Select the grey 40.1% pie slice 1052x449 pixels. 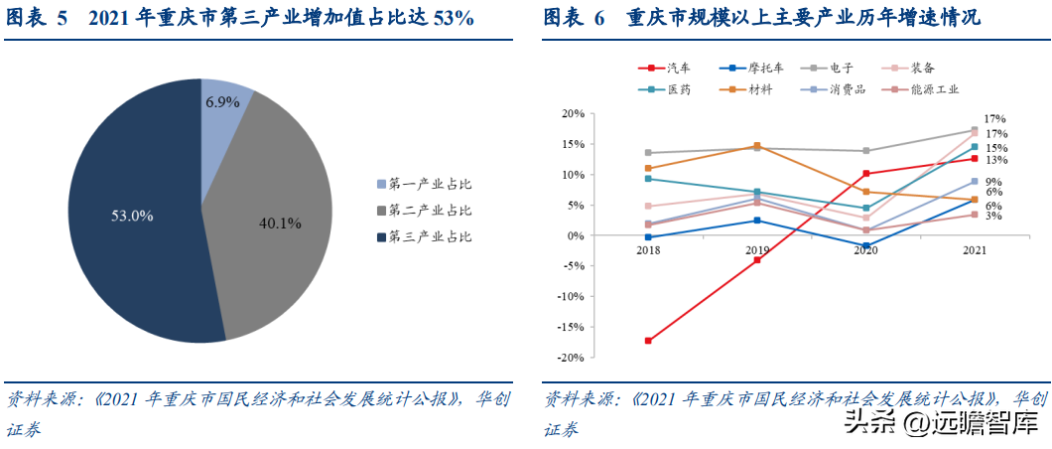click(275, 215)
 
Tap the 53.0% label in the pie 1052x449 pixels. click(132, 217)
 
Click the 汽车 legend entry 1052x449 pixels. click(664, 68)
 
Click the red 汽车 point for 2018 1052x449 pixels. click(648, 341)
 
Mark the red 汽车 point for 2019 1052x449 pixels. click(757, 259)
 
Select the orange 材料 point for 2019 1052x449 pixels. click(757, 146)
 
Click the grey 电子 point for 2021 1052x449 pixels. click(975, 130)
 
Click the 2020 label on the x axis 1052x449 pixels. click(865, 250)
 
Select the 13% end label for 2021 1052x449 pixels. click(995, 160)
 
